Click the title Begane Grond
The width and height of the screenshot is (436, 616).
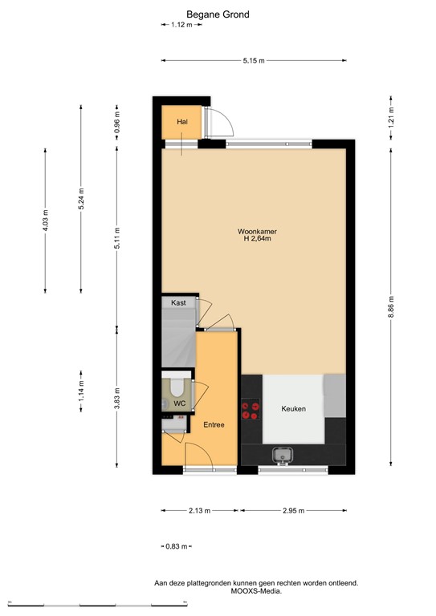click(x=218, y=14)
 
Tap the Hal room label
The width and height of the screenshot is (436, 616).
click(x=182, y=122)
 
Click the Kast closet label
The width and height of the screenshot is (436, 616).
click(x=178, y=302)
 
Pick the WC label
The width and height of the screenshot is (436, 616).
click(x=181, y=403)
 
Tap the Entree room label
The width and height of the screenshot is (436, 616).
click(x=213, y=423)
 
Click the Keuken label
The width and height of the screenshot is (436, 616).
click(x=293, y=409)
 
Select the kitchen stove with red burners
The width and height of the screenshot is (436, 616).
click(x=252, y=409)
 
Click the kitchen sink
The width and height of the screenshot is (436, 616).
click(x=283, y=456)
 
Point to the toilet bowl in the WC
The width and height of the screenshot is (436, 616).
click(x=177, y=389)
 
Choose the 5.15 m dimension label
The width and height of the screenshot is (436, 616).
click(x=254, y=61)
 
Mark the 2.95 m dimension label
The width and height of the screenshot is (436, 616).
click(x=293, y=511)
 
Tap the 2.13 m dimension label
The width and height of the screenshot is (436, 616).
click(x=199, y=511)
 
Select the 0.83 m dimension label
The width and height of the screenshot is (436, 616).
click(x=175, y=546)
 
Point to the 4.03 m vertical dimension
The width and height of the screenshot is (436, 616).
click(x=46, y=220)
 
